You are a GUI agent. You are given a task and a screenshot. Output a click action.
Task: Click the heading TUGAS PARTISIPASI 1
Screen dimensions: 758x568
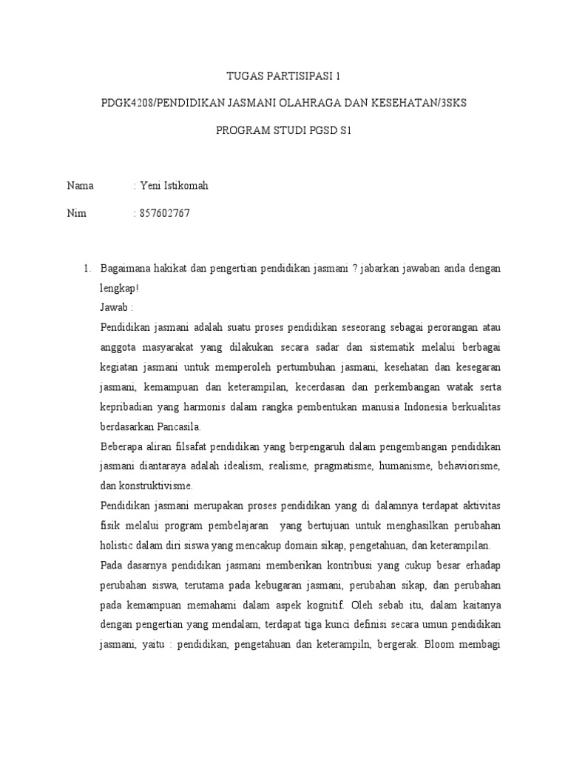coord(284,76)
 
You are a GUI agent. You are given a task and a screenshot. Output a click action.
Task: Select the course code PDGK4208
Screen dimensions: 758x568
coord(126,104)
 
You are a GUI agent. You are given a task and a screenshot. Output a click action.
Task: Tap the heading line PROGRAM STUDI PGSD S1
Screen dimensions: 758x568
coord(284,132)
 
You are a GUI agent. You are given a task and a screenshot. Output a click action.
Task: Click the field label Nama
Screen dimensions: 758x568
coord(80,186)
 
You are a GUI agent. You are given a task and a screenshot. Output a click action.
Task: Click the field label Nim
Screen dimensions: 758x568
coord(76,214)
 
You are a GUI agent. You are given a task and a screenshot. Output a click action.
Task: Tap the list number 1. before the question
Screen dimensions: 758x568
coord(86,267)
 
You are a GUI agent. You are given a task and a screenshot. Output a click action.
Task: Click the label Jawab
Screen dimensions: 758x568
coord(114,307)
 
